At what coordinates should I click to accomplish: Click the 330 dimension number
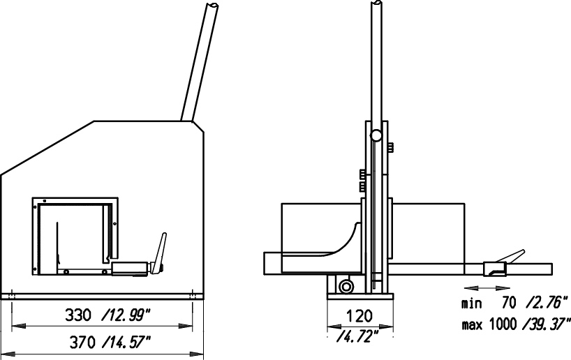(x=77, y=315)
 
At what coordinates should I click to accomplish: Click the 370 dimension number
(x=82, y=342)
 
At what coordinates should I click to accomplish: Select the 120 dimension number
(x=359, y=316)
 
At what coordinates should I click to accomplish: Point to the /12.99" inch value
(x=125, y=315)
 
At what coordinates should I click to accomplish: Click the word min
(x=472, y=303)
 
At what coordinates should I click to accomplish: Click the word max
(x=473, y=324)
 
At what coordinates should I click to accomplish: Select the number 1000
(x=503, y=323)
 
